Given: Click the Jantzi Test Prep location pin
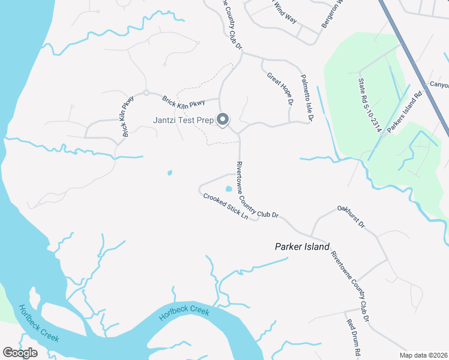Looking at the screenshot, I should (223, 120).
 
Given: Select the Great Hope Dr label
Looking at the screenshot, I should (280, 89).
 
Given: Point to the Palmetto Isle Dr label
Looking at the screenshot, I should (307, 98).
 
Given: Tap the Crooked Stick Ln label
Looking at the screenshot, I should (225, 206).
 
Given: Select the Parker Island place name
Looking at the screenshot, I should (302, 247).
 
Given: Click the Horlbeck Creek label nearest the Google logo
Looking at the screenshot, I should (39, 323).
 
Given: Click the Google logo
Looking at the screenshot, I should (20, 353).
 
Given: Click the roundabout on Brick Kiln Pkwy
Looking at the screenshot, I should (146, 93).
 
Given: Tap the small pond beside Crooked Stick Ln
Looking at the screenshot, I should (228, 190).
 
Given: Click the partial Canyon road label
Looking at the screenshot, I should (439, 85).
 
